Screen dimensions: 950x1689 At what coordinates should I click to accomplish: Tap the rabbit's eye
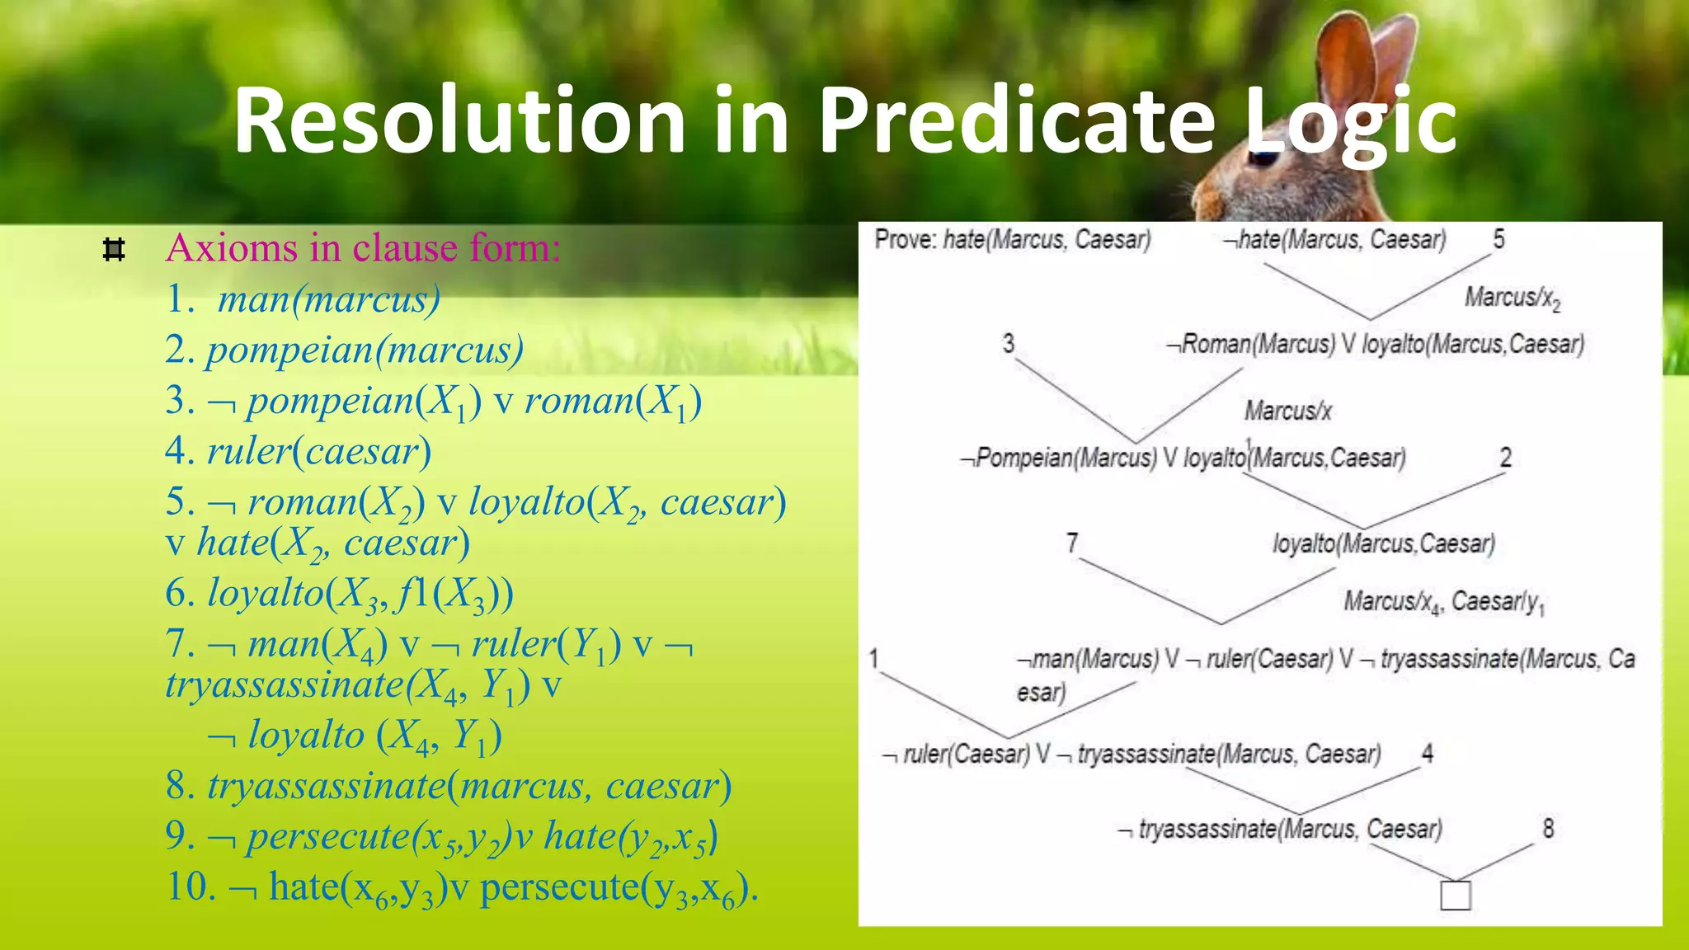coord(1263,156)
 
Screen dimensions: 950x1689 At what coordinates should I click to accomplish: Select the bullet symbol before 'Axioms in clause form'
coord(114,249)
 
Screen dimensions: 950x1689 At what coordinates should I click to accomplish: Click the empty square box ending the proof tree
coord(1455,896)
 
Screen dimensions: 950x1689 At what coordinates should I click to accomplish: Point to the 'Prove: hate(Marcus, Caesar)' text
coord(1012,240)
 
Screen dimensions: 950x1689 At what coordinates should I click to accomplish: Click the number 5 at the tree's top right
coord(1498,240)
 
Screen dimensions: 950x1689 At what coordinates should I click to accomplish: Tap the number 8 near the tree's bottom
coord(1548,828)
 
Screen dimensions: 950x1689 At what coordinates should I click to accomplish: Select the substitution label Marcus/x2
coord(1512,298)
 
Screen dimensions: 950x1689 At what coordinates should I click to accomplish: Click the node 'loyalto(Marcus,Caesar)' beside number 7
coord(1383,544)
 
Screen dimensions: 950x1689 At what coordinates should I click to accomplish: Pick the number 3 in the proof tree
coord(1008,343)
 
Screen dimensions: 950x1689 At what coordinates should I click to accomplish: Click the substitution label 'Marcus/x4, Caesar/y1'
coord(1443,602)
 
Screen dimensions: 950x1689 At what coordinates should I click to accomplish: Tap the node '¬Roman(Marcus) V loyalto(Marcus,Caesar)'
coord(1375,344)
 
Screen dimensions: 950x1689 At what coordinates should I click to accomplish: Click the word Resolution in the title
coord(459,122)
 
